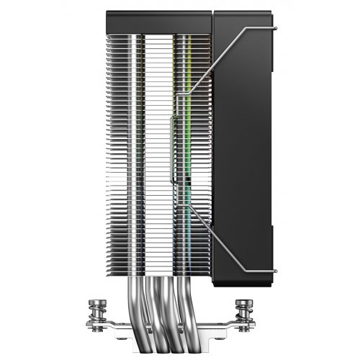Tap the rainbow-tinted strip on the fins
pos(189,144)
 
